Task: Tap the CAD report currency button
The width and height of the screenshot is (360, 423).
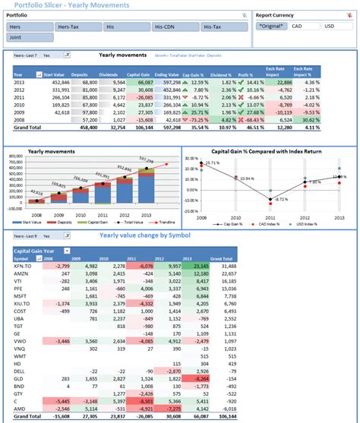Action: coord(301,26)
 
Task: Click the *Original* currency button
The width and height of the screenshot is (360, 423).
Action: coord(271,26)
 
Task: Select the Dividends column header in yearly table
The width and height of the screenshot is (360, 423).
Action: coord(114,75)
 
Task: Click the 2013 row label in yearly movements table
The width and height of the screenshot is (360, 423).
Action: coord(19,82)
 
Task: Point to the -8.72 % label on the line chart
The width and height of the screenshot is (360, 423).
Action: coord(282,198)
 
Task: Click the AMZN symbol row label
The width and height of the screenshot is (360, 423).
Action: coord(21,274)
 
